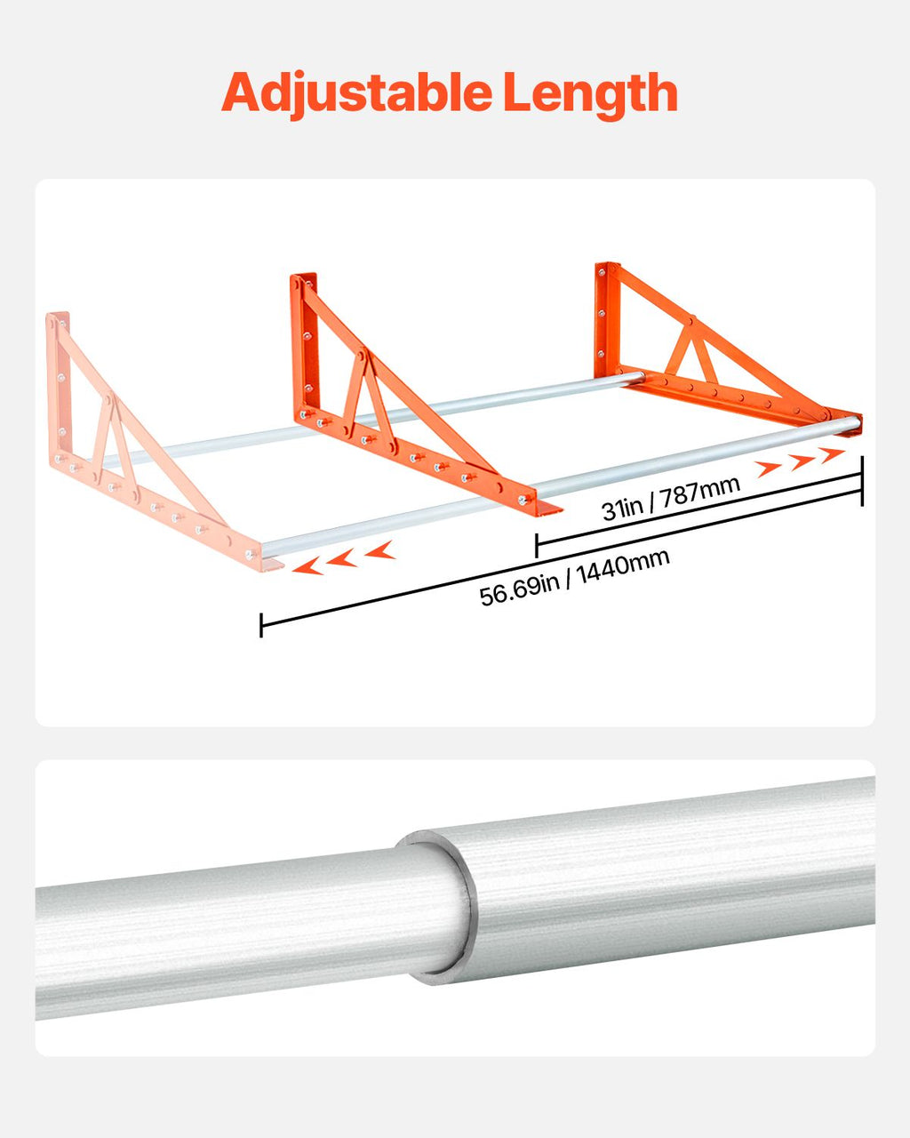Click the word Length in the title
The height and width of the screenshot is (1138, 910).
tap(590, 92)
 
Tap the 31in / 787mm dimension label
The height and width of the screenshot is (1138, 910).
tap(670, 498)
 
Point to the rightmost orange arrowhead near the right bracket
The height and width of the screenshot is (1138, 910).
tap(834, 454)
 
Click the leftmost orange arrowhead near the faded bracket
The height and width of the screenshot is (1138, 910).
tap(307, 566)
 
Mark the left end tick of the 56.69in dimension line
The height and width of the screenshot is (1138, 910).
tap(261, 625)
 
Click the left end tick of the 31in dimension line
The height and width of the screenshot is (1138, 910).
tap(536, 545)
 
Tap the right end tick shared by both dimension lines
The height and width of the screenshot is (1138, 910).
tap(862, 481)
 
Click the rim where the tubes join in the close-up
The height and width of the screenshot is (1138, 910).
tap(460, 905)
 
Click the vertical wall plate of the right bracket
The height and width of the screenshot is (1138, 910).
tap(606, 320)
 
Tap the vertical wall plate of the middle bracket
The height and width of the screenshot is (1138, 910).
tap(305, 347)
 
